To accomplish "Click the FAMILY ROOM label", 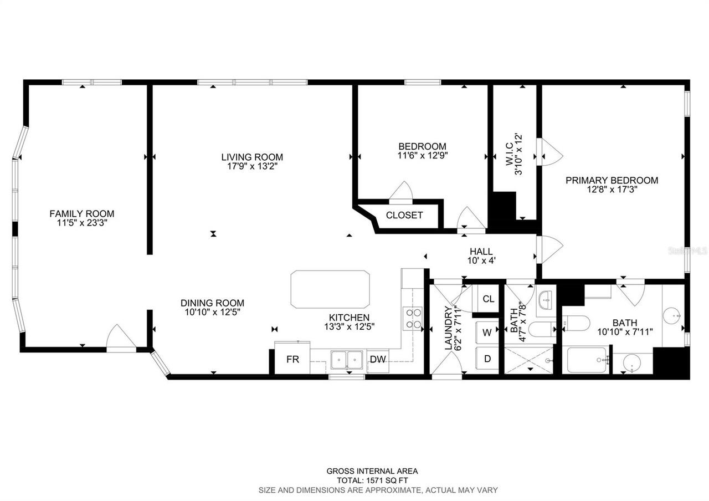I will point(81,213).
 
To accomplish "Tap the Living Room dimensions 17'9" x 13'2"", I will point(252,166).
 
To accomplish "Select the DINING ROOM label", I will point(212,303).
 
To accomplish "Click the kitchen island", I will point(330,289).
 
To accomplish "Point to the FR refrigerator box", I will point(292,360).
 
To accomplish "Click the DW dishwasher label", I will point(378,360).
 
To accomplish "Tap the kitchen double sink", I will point(346,360).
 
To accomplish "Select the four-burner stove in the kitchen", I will point(413,319).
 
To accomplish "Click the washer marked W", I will point(487,333).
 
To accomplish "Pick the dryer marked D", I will point(487,359).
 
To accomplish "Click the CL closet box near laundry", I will point(488,299).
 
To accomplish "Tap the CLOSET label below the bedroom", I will point(404,216).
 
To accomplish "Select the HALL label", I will point(481,252).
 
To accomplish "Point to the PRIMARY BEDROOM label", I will point(612,180).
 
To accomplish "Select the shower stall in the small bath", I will point(528,360).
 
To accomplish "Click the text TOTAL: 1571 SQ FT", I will point(372,480).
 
